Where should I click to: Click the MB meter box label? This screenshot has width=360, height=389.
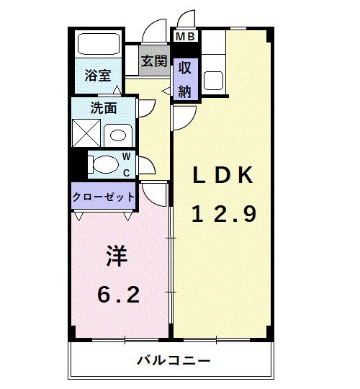(185, 37)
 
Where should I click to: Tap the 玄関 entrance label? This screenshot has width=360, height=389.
(154, 61)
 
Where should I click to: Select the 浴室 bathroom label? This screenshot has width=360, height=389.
(98, 75)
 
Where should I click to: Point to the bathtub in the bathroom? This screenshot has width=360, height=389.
(99, 44)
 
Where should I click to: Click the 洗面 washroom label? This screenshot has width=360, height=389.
(104, 108)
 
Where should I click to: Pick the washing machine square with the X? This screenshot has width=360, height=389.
(86, 133)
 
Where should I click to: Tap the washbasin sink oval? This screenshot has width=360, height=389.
(118, 135)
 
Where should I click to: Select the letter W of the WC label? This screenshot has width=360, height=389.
(127, 156)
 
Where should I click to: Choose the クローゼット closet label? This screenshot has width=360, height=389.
(104, 197)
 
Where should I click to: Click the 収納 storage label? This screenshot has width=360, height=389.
(185, 79)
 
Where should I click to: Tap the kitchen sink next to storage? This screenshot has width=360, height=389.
(213, 81)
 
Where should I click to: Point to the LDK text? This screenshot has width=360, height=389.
(223, 175)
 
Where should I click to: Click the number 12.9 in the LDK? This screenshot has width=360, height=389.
(224, 215)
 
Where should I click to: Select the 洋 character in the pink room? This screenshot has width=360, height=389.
(117, 256)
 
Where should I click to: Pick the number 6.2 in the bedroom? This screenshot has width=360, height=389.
(119, 295)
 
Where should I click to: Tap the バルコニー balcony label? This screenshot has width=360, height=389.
(174, 360)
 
